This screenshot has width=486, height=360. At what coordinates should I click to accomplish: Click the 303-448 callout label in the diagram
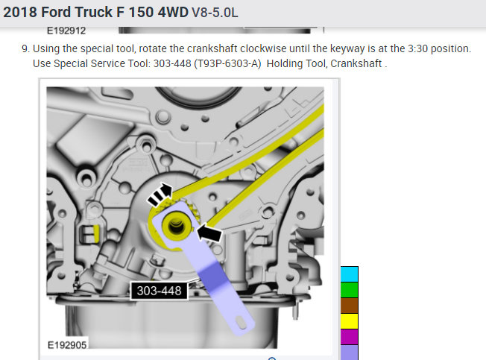pyautogui.click(x=160, y=291)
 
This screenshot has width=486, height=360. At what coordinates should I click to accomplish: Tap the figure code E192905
pyautogui.click(x=67, y=345)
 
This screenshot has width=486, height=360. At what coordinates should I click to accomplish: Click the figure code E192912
pyautogui.click(x=66, y=31)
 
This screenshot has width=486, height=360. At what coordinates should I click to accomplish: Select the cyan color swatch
pyautogui.click(x=350, y=274)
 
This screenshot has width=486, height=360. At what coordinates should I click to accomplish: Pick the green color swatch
pyautogui.click(x=350, y=290)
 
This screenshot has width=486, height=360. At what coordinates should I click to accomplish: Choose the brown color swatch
pyautogui.click(x=350, y=306)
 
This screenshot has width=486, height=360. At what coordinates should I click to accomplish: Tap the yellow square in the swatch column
pyautogui.click(x=350, y=321)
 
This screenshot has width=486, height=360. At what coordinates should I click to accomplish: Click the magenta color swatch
pyautogui.click(x=350, y=337)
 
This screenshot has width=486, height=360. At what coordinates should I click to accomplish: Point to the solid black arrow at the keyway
pyautogui.click(x=209, y=233)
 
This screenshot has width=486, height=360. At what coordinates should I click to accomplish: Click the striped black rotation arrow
pyautogui.click(x=160, y=195)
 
